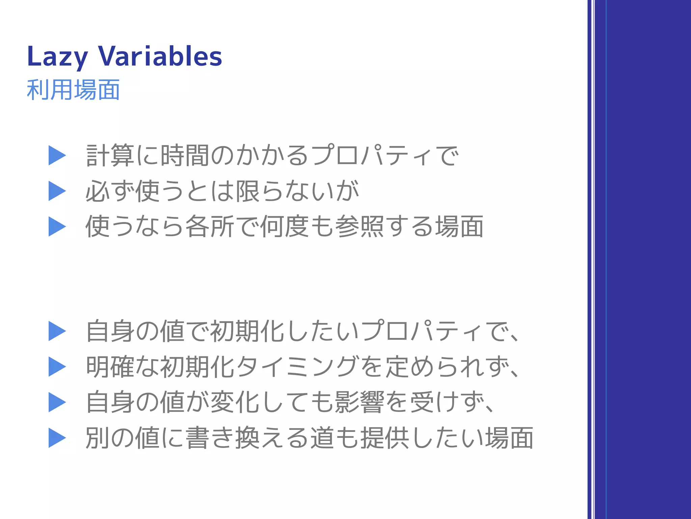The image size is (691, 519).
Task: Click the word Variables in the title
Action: pyautogui.click(x=160, y=56)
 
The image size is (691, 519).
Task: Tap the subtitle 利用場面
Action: pyautogui.click(x=73, y=90)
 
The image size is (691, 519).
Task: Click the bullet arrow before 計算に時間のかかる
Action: pyautogui.click(x=57, y=155)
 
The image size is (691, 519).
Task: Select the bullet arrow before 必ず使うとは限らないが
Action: pyautogui.click(x=57, y=191)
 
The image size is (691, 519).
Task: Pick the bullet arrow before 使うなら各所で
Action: pyautogui.click(x=57, y=226)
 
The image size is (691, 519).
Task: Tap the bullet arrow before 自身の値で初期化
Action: pyautogui.click(x=57, y=331)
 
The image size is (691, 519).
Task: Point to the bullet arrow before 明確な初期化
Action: pyautogui.click(x=57, y=367)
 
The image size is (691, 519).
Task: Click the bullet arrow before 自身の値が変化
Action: pyautogui.click(x=57, y=402)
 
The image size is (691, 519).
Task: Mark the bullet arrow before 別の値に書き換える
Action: pyautogui.click(x=57, y=438)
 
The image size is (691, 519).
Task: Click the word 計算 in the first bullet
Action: pyautogui.click(x=110, y=155)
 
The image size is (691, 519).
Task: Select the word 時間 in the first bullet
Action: pyautogui.click(x=185, y=155)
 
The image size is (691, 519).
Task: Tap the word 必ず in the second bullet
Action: pyautogui.click(x=110, y=191)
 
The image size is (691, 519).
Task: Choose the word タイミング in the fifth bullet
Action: pyautogui.click(x=296, y=367)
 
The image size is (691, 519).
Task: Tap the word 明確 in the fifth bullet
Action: pyautogui.click(x=110, y=367)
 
